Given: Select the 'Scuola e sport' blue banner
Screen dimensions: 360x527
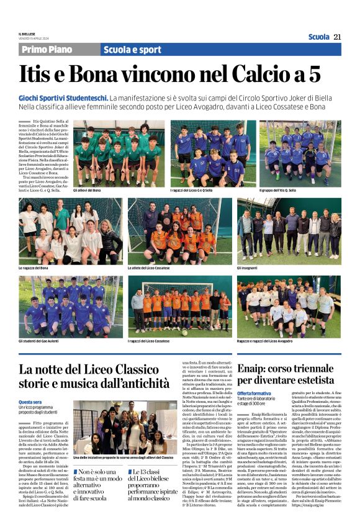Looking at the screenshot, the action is (132, 50).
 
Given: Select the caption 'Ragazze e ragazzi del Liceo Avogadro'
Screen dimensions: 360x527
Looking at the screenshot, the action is (269, 341).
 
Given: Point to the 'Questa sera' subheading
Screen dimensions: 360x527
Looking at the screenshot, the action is (30, 402).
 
